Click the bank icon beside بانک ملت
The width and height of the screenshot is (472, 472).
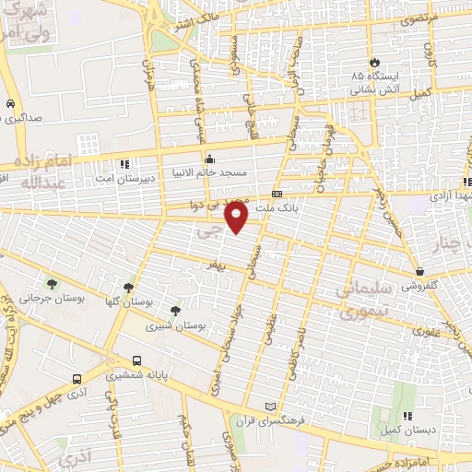[x=277, y=194]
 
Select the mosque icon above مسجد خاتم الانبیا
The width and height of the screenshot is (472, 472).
[x=209, y=157]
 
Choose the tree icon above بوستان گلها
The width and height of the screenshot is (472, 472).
[x=128, y=287]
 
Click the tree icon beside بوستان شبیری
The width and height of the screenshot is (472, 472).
[x=175, y=311]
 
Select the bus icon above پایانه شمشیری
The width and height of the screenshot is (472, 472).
[x=137, y=360]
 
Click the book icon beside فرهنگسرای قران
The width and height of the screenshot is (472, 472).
[x=270, y=407]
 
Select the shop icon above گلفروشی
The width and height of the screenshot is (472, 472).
[x=420, y=272]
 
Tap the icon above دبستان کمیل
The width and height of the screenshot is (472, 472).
[x=407, y=417]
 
